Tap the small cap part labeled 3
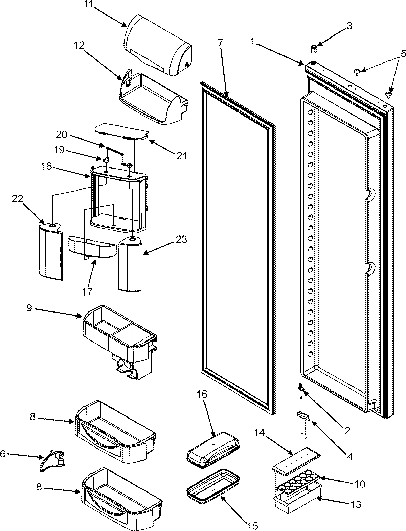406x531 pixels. pyautogui.click(x=313, y=49)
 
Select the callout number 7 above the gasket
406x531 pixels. pyautogui.click(x=220, y=43)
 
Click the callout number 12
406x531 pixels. pyautogui.click(x=79, y=45)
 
